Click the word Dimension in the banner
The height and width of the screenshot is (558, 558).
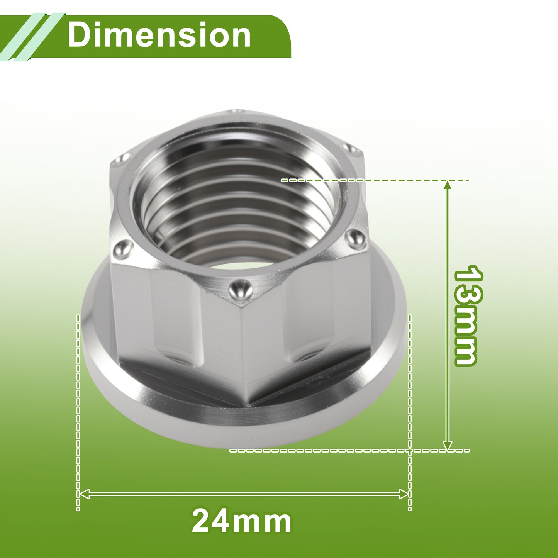(x=159, y=35)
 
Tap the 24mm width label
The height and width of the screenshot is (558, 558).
(x=241, y=521)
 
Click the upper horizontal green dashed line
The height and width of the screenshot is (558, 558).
(x=375, y=180)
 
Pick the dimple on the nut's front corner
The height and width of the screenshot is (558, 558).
(x=240, y=289)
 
